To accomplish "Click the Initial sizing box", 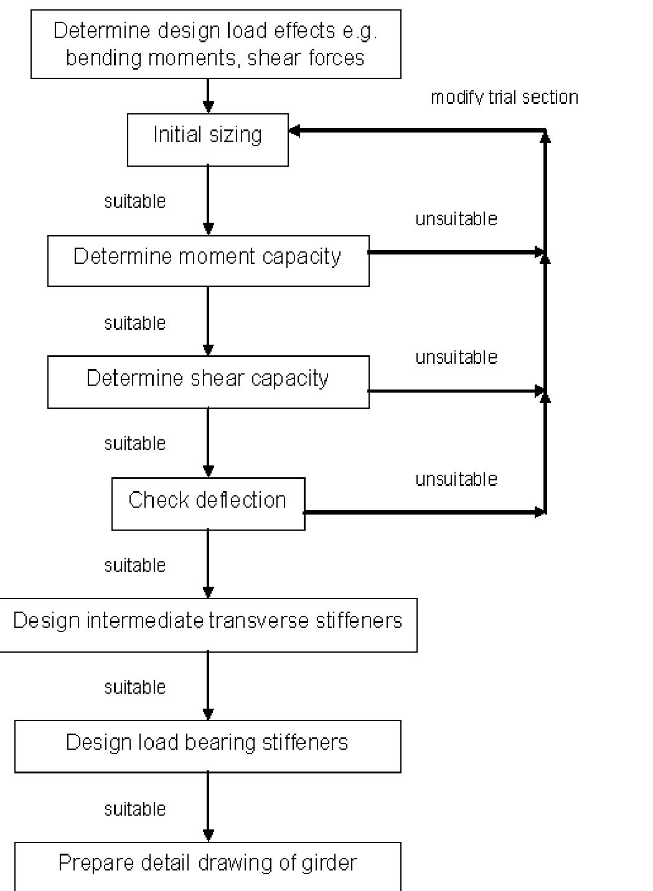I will coord(207,139).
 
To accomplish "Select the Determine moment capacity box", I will coord(208,260).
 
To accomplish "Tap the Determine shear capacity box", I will coord(208,381).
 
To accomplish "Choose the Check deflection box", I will coord(208,503).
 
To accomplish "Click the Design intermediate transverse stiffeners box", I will coord(208,624).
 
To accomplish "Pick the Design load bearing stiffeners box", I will coord(207,746).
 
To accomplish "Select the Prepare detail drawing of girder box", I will coord(207,865).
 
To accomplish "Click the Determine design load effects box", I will coord(215,44).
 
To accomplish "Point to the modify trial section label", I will coord(504,98).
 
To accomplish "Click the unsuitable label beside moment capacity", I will coord(456,219).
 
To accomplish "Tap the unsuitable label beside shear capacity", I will coord(456,358).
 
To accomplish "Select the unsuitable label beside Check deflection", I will coord(456,480).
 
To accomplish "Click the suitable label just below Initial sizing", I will coord(135,202).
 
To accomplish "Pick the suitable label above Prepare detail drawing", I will coord(135,809).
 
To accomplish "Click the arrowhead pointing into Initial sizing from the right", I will coord(294,131).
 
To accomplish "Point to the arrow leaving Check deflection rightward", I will coord(423,513).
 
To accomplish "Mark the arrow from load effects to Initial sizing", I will coord(209,96).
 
